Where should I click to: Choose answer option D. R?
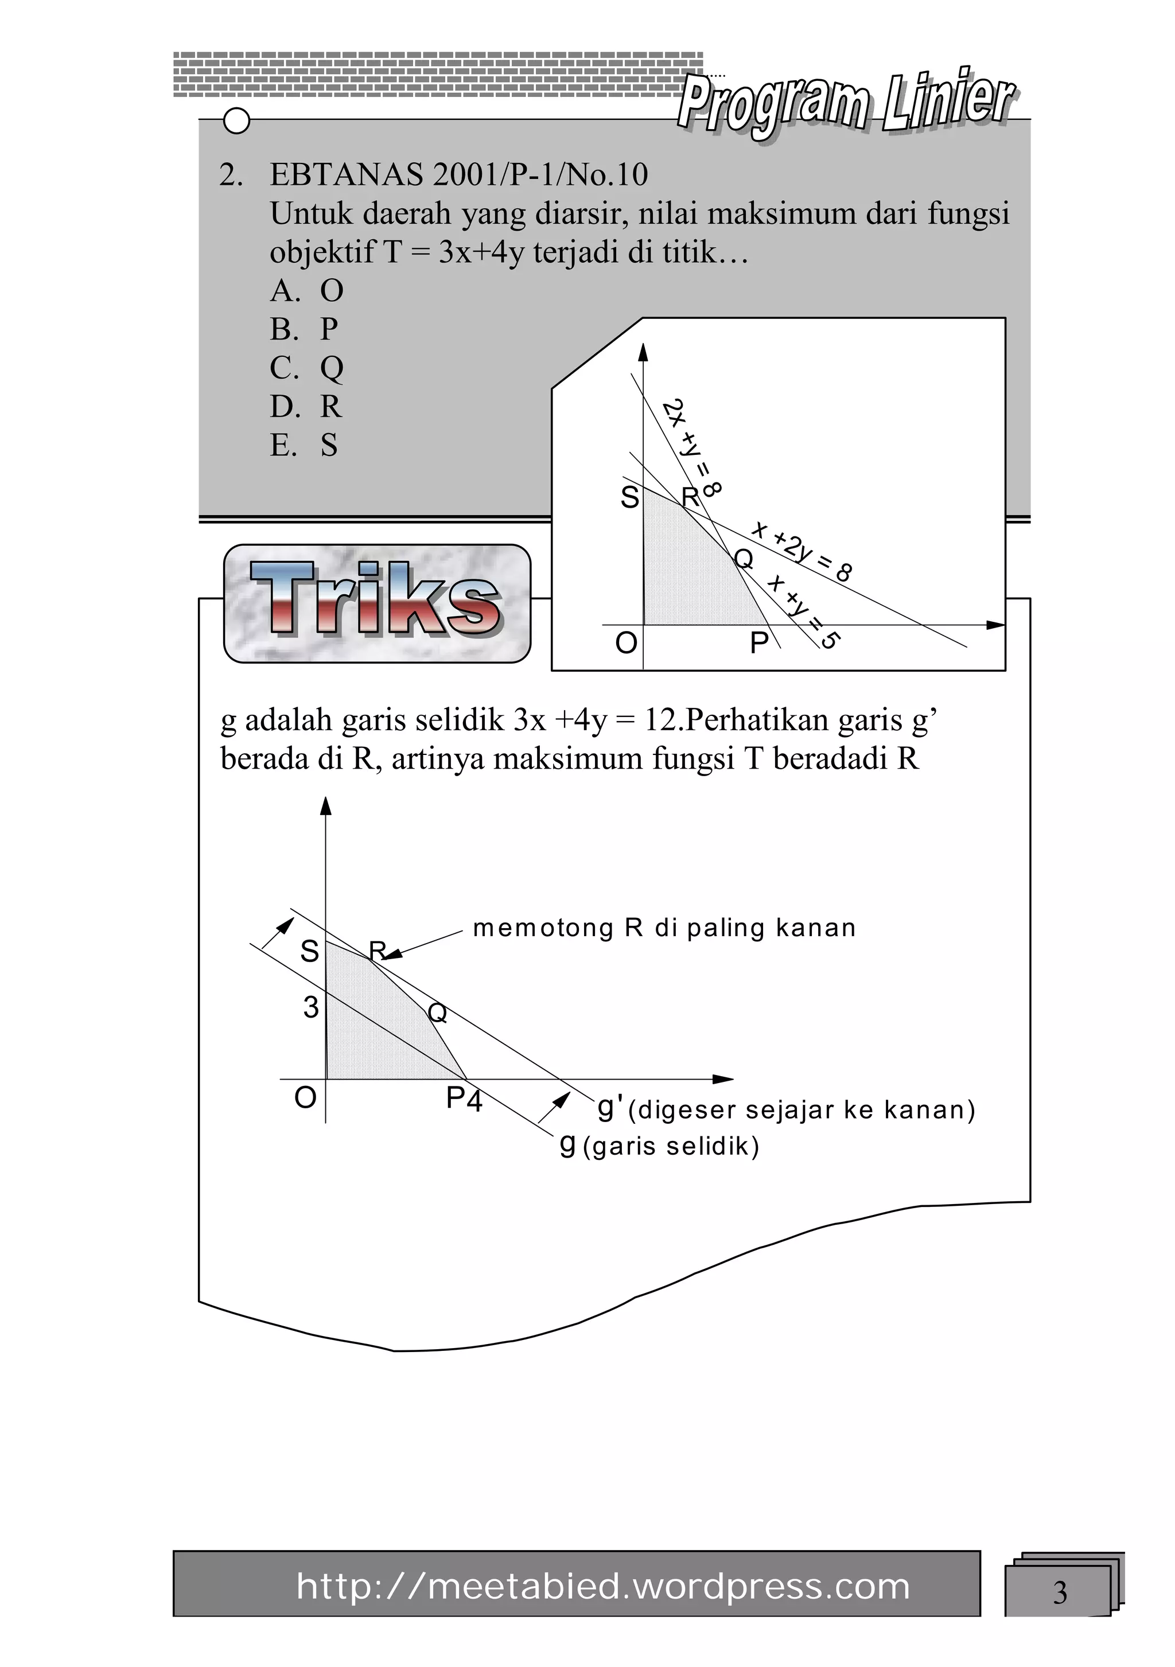tap(306, 407)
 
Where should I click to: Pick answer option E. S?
tap(304, 445)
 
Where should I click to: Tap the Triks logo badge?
tap(377, 603)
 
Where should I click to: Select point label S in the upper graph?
tap(629, 498)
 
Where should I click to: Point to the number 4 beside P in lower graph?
tap(474, 1102)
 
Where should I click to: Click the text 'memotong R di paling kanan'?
tap(664, 928)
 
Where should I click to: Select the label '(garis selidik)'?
tap(670, 1147)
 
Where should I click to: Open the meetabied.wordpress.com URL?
tap(603, 1587)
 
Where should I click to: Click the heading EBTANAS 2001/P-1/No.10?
tap(458, 174)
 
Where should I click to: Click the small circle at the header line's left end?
tap(237, 121)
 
